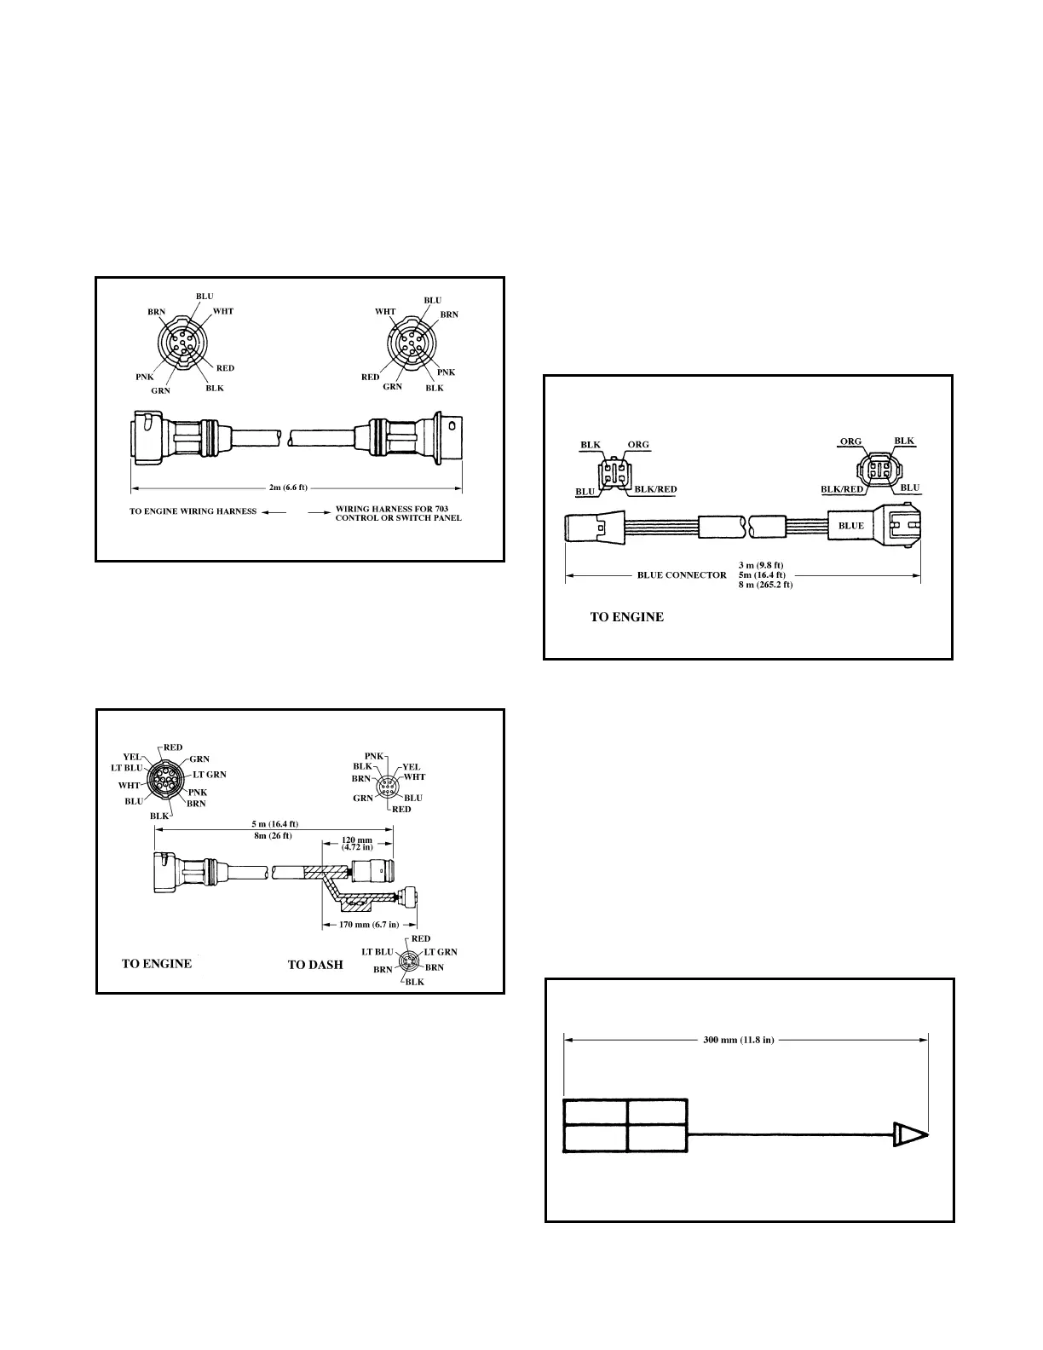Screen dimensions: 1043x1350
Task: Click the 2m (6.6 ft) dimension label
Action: click(288, 487)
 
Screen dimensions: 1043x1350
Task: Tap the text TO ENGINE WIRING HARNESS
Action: click(193, 511)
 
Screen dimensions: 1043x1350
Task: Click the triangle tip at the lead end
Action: click(909, 1134)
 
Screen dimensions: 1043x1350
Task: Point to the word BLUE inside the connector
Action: click(850, 526)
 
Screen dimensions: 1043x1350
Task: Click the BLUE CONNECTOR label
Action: click(682, 574)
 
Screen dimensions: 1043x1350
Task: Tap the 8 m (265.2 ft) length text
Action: click(765, 585)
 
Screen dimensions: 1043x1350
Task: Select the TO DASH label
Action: click(315, 965)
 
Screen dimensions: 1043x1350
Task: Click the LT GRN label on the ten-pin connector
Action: click(210, 775)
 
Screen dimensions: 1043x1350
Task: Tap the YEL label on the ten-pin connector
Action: click(132, 756)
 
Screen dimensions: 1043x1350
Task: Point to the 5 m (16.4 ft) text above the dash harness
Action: click(274, 825)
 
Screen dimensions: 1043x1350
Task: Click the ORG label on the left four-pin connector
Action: click(638, 445)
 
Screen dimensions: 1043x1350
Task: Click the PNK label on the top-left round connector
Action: click(143, 375)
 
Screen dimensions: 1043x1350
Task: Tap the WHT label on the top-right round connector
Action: click(385, 312)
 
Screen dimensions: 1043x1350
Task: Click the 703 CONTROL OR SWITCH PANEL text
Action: click(399, 517)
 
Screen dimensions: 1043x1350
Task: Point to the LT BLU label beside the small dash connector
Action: click(377, 951)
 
